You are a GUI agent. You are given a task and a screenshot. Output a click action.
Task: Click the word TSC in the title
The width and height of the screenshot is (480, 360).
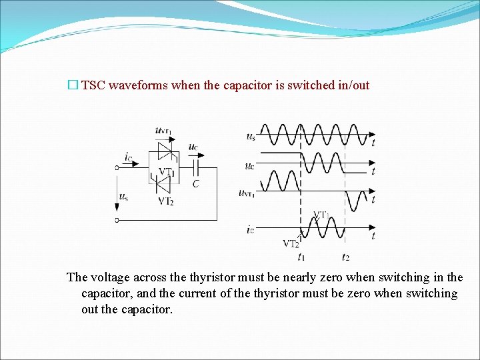click(x=93, y=85)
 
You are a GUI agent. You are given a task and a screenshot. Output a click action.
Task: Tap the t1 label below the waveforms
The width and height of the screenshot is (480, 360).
click(x=302, y=257)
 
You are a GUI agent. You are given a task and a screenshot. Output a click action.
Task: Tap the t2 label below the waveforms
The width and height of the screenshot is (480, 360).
click(x=345, y=257)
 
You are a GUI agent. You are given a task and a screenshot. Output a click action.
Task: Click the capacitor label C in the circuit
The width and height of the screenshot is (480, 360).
click(x=195, y=183)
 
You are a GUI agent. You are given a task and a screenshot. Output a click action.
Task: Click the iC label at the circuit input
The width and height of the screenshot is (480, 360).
click(x=127, y=158)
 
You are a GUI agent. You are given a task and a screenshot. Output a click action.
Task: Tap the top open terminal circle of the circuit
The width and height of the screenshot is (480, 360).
click(x=117, y=169)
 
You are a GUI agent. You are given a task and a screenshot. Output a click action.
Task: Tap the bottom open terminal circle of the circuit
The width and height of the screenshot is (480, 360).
click(x=117, y=219)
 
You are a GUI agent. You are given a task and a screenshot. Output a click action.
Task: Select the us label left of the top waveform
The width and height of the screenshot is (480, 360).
click(x=250, y=137)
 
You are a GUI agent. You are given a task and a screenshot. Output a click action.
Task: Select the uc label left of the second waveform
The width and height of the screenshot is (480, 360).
click(x=250, y=165)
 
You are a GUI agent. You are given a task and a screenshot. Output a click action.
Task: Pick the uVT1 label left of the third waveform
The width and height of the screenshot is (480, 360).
click(x=247, y=193)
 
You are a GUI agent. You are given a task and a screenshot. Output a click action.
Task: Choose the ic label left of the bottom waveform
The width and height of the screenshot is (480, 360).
click(x=250, y=230)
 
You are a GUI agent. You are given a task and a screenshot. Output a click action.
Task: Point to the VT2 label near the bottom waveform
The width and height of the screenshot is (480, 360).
click(x=291, y=243)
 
